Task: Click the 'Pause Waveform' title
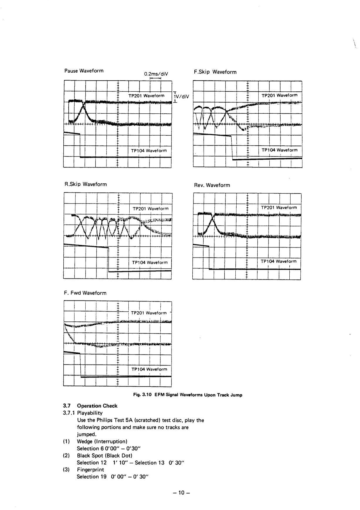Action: point(84,71)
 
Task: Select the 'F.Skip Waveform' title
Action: point(215,72)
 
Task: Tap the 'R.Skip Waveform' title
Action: point(86,184)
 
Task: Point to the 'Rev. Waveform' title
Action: point(212,185)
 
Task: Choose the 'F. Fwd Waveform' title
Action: point(85,293)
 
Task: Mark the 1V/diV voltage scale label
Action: point(181,96)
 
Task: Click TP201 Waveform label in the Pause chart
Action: point(146,96)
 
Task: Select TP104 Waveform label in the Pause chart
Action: point(149,151)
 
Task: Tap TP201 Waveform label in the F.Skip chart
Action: point(279,95)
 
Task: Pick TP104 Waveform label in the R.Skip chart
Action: point(150,262)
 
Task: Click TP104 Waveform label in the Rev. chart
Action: point(279,261)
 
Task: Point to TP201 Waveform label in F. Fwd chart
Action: point(149,313)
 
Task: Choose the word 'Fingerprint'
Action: point(90,470)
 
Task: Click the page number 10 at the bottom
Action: point(181,492)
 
